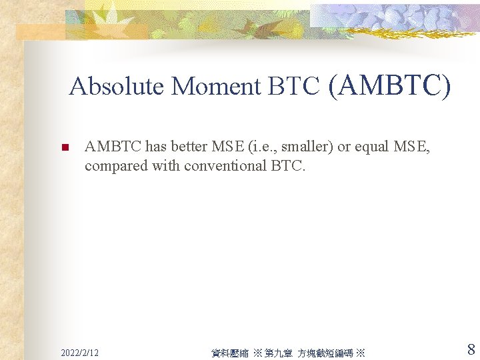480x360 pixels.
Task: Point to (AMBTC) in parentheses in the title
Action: click(389, 85)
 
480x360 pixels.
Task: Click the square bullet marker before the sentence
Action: click(65, 148)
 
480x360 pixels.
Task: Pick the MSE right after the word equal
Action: click(412, 147)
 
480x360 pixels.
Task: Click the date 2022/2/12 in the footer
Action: click(79, 352)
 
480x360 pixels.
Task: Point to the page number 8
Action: click(471, 349)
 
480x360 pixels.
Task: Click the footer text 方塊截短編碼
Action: click(325, 353)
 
